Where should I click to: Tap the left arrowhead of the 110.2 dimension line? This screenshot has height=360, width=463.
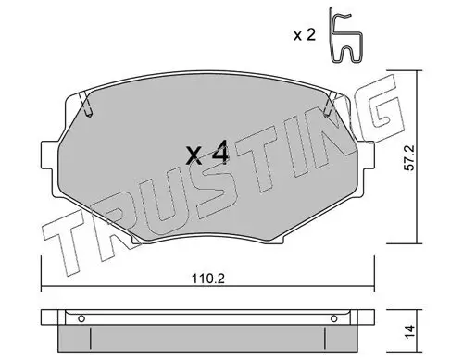click(44, 285)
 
